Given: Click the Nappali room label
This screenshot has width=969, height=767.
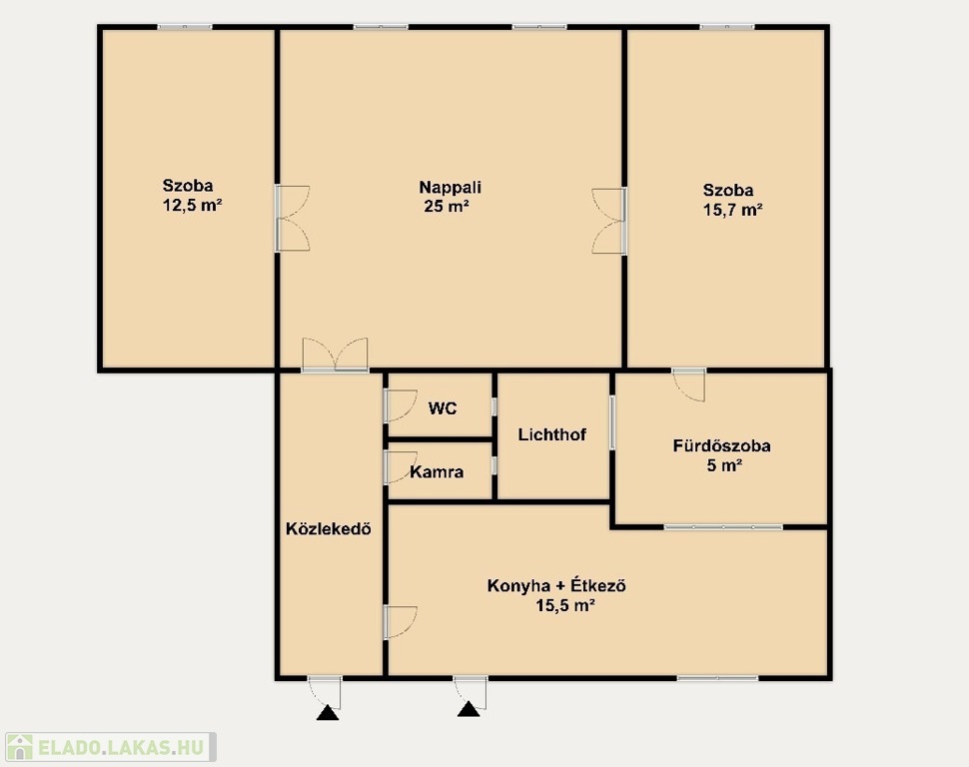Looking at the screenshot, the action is [450, 187].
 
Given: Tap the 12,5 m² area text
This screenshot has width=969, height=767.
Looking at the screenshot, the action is [192, 205].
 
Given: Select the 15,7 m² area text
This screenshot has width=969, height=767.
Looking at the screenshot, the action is [733, 210].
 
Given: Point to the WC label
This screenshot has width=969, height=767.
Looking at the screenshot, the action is [443, 408].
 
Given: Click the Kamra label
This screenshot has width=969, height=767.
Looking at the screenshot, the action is [437, 472].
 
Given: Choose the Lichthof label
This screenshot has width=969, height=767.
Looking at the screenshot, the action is [551, 434].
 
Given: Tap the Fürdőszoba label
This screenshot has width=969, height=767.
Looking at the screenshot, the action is [722, 445].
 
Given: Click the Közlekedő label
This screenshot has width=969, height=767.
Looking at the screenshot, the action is [328, 528].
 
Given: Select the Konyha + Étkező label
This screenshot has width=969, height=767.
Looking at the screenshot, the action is [556, 584].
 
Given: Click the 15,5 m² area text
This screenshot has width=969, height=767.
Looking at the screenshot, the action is [565, 605].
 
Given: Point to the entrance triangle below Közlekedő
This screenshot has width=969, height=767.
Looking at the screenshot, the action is [328, 713].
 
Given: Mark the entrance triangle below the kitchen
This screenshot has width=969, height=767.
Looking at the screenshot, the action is [469, 709].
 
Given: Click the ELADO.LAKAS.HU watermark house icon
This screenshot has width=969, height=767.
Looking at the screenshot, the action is [19, 747].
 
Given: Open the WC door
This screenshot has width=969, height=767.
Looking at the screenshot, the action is [400, 405].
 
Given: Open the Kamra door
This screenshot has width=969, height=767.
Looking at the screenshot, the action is [400, 466].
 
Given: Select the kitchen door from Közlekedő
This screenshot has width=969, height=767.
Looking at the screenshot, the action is [400, 622].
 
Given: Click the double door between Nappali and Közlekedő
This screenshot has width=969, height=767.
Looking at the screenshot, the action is [335, 356].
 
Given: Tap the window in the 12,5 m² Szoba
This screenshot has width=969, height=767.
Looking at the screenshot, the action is [185, 27].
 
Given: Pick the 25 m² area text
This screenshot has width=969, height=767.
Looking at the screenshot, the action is [447, 206].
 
